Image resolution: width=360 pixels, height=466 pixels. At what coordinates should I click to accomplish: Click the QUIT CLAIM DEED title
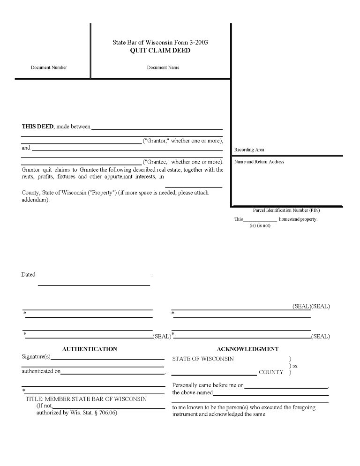coord(160,51)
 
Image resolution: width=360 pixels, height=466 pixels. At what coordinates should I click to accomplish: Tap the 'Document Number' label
coord(49,68)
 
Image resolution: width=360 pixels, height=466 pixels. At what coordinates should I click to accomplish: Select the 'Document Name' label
coord(163,68)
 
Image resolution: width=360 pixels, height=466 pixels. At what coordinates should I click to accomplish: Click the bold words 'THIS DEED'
coord(37,127)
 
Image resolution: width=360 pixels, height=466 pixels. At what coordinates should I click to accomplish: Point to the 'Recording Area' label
coord(249,150)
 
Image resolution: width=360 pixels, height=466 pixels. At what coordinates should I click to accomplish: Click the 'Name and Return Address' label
coord(259,162)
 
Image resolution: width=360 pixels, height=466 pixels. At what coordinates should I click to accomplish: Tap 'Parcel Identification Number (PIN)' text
coord(286,210)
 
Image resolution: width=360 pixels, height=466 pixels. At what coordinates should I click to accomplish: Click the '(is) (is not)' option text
coord(260,226)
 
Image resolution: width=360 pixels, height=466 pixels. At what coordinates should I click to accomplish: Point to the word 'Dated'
coord(29,275)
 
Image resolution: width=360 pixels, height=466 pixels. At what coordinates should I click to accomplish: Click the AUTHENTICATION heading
coord(90,349)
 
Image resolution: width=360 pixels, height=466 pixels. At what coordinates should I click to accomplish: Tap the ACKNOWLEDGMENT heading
coord(247,349)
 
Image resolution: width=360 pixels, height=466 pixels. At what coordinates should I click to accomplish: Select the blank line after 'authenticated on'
coord(112,373)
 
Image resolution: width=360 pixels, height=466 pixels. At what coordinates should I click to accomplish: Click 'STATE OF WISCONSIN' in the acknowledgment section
coord(203,359)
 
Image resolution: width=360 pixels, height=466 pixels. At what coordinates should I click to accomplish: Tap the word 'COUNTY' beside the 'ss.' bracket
coord(271,372)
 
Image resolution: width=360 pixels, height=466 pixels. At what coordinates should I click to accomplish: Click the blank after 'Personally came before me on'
coord(286,387)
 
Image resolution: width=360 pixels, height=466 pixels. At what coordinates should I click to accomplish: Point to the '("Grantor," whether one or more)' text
coord(182,141)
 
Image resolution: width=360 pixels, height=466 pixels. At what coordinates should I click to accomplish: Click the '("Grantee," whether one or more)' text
coord(182,162)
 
